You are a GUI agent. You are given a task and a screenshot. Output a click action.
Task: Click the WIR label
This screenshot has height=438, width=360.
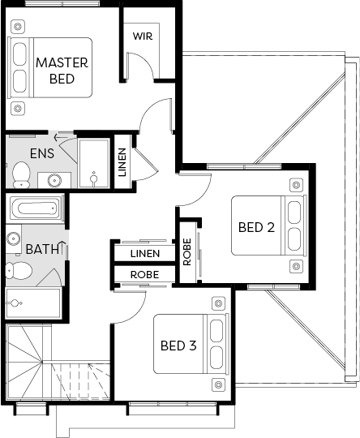tap(143, 36)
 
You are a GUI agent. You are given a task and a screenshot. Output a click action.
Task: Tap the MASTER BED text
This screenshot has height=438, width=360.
tap(62, 71)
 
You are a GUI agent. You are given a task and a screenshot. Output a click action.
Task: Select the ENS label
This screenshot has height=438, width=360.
tap(42, 153)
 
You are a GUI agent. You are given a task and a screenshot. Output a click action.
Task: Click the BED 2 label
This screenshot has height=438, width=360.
tap(256, 227)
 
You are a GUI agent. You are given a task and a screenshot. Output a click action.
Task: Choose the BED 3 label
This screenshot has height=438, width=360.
tap(178, 346)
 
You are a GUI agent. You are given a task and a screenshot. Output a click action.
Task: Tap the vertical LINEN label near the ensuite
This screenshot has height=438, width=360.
tap(122, 162)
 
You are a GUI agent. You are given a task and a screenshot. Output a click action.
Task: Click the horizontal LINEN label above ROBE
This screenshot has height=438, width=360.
tap(145, 254)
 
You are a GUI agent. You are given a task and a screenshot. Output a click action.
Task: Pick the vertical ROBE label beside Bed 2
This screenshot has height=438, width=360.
tap(187, 251)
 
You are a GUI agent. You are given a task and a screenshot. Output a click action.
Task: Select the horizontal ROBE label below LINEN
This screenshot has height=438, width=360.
tap(144, 275)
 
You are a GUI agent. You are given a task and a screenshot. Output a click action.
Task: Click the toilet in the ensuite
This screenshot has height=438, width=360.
tap(21, 175)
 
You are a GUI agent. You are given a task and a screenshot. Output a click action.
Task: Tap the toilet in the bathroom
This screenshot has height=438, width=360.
tap(19, 270)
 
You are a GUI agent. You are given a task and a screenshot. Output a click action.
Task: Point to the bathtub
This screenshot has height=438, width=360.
tap(36, 208)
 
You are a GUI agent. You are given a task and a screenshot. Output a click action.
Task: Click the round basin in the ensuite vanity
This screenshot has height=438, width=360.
tap(54, 180)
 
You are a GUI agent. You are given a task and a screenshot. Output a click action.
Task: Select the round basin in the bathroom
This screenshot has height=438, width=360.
tap(13, 239)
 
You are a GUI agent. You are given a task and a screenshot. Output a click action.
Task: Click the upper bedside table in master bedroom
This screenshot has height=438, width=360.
tap(18, 27)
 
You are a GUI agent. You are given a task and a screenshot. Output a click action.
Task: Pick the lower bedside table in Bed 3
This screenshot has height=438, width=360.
tap(219, 384)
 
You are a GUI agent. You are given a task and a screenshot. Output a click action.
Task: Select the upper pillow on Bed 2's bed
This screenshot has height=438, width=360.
tap(294, 213)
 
